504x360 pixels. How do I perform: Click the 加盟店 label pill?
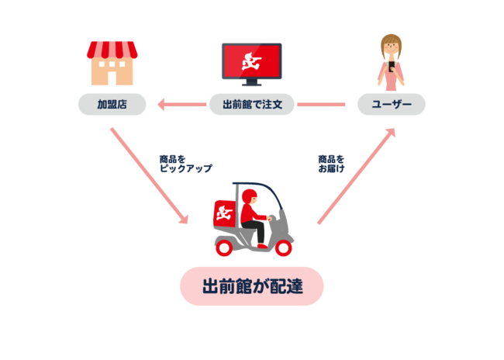pyautogui.click(x=112, y=104)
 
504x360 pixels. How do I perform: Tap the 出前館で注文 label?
pyautogui.click(x=252, y=104)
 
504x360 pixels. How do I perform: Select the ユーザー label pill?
pyautogui.click(x=392, y=104)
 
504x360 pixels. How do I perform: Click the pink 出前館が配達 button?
pyautogui.click(x=252, y=286)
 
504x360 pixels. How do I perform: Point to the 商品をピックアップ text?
pyautogui.click(x=186, y=164)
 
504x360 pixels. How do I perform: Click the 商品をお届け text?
pyautogui.click(x=331, y=164)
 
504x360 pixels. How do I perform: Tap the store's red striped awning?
pyautogui.click(x=112, y=50)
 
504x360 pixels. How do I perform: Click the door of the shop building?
pyautogui.click(x=112, y=78)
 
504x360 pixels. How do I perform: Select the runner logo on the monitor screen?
pyautogui.click(x=252, y=62)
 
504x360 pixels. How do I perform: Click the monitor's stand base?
pyautogui.click(x=252, y=85)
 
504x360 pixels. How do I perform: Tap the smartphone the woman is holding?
pyautogui.click(x=391, y=67)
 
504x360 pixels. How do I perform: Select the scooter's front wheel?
pyautogui.click(x=283, y=248)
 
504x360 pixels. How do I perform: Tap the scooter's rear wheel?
pyautogui.click(x=224, y=248)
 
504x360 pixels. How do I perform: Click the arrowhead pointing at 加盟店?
pyautogui.click(x=161, y=105)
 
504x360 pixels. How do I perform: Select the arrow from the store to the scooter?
pyautogui.click(x=149, y=175)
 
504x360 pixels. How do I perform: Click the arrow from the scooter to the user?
pyautogui.click(x=356, y=176)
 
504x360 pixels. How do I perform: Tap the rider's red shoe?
pyautogui.click(x=263, y=246)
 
